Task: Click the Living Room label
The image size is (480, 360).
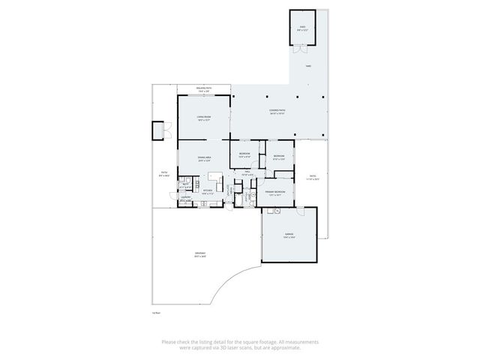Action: tap(202, 118)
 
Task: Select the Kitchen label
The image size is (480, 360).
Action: tap(208, 191)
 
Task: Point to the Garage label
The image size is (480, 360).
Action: tap(289, 235)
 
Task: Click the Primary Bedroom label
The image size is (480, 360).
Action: tap(274, 192)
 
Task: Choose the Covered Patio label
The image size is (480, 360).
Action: tap(277, 112)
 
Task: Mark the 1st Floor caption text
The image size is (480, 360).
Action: tap(157, 313)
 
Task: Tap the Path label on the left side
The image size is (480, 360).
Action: tap(164, 173)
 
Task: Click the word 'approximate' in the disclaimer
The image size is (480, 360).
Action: tap(284, 347)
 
